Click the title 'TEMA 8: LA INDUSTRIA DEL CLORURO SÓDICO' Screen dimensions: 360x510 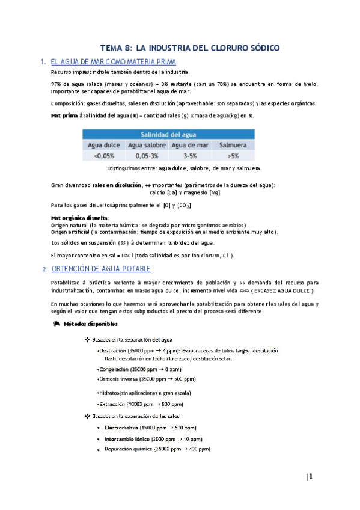[x=189, y=48]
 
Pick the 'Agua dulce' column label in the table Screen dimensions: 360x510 [x=105, y=145]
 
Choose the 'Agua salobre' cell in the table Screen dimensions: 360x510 [x=146, y=145]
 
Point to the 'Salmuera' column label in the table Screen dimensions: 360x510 [x=230, y=145]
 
